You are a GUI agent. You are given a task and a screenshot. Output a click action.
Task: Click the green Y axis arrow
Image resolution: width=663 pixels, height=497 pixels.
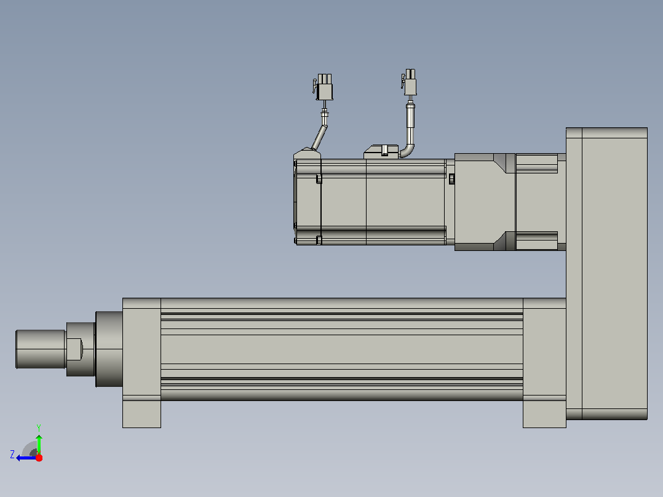click(x=39, y=444)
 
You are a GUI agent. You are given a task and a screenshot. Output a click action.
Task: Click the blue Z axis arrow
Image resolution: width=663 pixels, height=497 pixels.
click(x=26, y=458)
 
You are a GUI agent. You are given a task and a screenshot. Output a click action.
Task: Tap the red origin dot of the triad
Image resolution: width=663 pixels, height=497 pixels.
click(x=39, y=458)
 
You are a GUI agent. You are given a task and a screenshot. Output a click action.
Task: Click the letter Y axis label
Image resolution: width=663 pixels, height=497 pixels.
click(x=39, y=427)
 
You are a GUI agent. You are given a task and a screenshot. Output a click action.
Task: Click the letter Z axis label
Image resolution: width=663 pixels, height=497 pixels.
click(x=12, y=455)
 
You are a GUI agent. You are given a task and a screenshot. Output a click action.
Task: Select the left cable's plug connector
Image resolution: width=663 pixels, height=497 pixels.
click(x=324, y=87)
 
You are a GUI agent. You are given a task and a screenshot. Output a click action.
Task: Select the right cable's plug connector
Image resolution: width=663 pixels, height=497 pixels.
click(x=410, y=82)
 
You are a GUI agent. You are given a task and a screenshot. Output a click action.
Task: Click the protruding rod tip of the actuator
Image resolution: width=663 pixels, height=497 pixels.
click(x=41, y=349)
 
